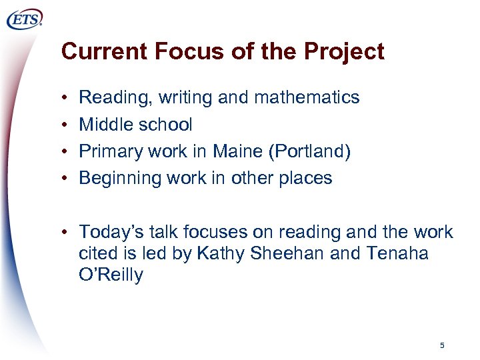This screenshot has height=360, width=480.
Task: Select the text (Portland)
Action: [311, 152]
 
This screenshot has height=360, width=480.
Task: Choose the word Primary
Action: [107, 151]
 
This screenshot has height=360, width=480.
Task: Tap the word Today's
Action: [108, 232]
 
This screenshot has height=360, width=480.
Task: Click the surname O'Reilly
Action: [111, 275]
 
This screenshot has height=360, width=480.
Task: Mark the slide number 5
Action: [442, 345]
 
